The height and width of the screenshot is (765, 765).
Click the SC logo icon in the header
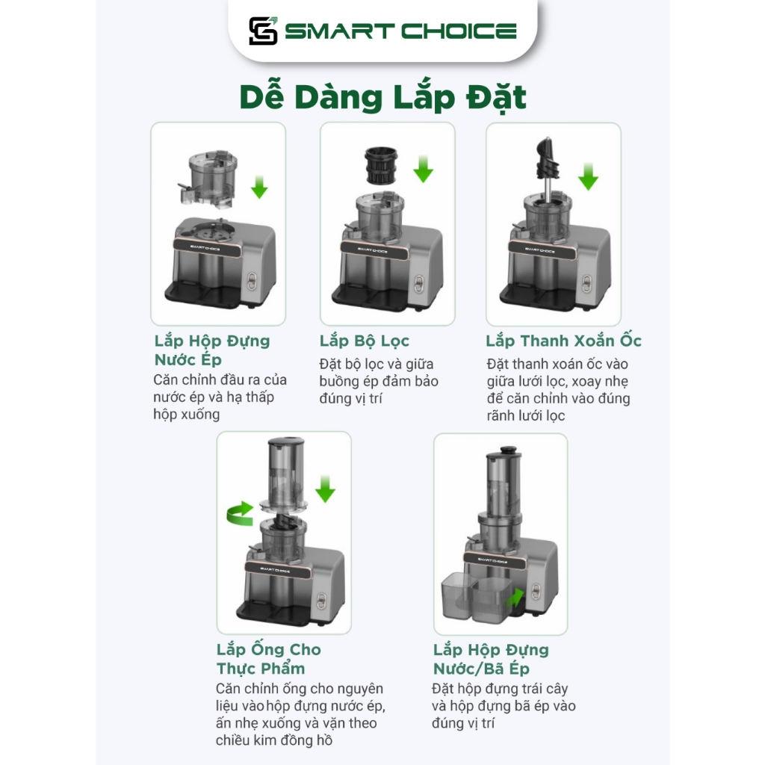click(x=263, y=31)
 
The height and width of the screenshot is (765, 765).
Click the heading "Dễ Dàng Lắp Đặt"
click(x=383, y=98)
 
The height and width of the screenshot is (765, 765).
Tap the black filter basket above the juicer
click(x=382, y=166)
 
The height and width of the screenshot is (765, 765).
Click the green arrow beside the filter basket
click(x=423, y=169)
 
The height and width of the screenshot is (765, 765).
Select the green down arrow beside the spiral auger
click(x=589, y=176)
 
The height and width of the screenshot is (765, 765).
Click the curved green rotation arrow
click(x=241, y=513)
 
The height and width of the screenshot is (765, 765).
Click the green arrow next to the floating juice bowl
click(x=259, y=187)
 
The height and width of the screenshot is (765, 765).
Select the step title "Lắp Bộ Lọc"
click(x=365, y=341)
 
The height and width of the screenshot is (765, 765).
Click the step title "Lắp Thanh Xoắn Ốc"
click(x=563, y=341)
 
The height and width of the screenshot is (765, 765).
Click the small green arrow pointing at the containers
click(x=515, y=598)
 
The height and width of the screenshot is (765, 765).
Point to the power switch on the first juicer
click(x=252, y=281)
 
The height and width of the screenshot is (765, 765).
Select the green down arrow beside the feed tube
click(x=325, y=489)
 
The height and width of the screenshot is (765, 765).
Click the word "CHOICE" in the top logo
click(x=459, y=31)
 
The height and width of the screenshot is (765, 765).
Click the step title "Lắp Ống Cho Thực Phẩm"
click(x=269, y=659)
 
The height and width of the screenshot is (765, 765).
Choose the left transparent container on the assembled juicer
click(x=456, y=595)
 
